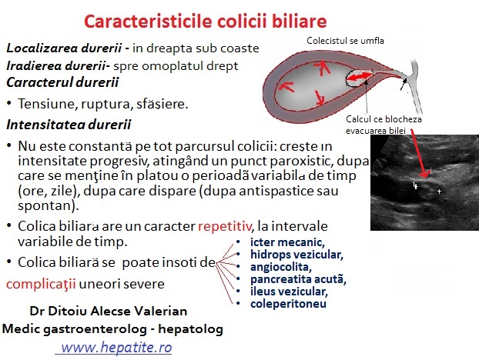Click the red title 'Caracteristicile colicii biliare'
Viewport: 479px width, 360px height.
[x=206, y=22]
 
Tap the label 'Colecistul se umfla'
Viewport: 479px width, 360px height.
[x=345, y=41]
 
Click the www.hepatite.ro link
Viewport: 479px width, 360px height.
[x=116, y=347]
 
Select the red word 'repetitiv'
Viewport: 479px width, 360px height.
[x=225, y=226]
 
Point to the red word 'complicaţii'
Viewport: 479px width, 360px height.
[x=41, y=285]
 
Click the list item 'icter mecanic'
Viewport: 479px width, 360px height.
[x=287, y=242]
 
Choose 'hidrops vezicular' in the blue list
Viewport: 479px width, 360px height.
[x=296, y=255]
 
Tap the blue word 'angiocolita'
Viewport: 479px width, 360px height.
[x=281, y=267]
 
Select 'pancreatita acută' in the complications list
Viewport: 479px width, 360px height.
[x=298, y=279]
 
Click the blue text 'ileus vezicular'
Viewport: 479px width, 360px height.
[x=289, y=292]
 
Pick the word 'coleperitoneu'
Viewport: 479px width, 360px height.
[x=288, y=304]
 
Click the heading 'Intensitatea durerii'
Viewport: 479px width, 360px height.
[x=69, y=125]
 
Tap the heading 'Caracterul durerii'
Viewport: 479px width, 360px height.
[x=62, y=82]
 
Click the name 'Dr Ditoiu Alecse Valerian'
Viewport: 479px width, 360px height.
[x=109, y=312]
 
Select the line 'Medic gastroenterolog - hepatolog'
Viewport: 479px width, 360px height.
[x=112, y=329]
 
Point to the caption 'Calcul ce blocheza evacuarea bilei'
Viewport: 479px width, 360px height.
[x=384, y=125]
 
